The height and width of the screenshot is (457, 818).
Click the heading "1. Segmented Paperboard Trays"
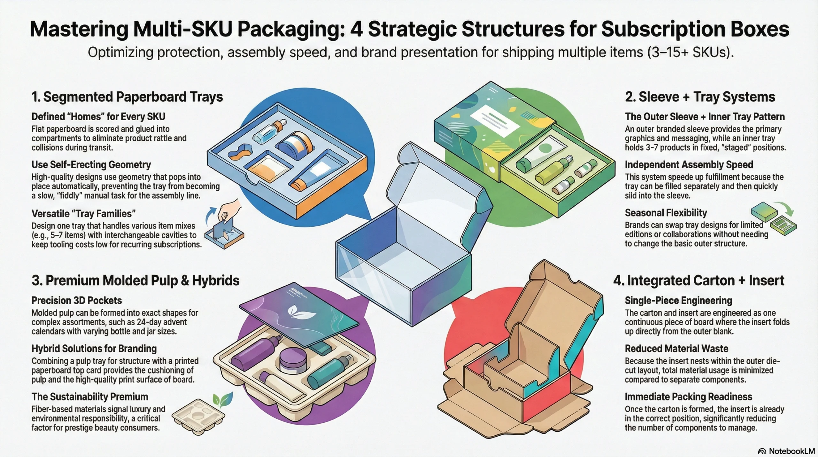pos(127,97)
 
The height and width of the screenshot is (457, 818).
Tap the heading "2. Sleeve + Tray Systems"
pos(700,97)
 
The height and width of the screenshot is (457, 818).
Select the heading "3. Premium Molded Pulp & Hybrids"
pos(135,280)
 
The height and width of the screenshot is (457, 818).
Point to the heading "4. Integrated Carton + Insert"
pos(698,280)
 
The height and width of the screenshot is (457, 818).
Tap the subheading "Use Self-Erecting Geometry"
pos(91,165)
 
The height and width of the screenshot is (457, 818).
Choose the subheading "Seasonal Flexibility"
pos(666,213)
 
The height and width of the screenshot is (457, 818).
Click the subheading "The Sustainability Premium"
pos(90,397)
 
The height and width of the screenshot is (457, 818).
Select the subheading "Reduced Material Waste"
pos(676,349)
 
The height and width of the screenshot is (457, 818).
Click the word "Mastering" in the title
pos(79,29)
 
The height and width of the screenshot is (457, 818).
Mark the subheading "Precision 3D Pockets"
pos(77,301)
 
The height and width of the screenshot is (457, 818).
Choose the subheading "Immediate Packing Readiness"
pos(688,397)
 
